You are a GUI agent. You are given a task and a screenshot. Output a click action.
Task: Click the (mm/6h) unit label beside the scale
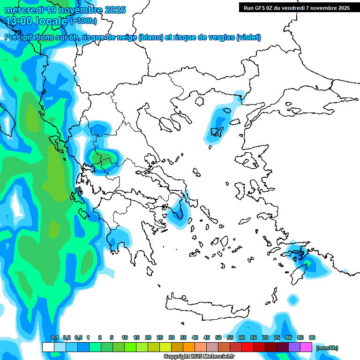click(x=327, y=348)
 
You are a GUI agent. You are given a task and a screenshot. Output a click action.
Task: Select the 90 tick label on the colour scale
click(x=312, y=337)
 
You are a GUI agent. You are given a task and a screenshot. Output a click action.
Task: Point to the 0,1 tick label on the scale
click(x=54, y=337)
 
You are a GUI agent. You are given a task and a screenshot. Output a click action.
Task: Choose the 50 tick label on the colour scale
click(x=218, y=337)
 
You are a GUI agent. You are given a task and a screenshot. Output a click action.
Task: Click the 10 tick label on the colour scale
click(x=125, y=337)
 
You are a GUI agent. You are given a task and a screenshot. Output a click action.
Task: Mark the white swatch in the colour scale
click(x=48, y=347)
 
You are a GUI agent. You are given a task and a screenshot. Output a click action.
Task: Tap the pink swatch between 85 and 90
click(x=306, y=347)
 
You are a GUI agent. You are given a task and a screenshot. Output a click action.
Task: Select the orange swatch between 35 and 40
click(x=189, y=347)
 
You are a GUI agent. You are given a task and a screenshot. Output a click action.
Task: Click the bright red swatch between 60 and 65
click(x=247, y=347)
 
